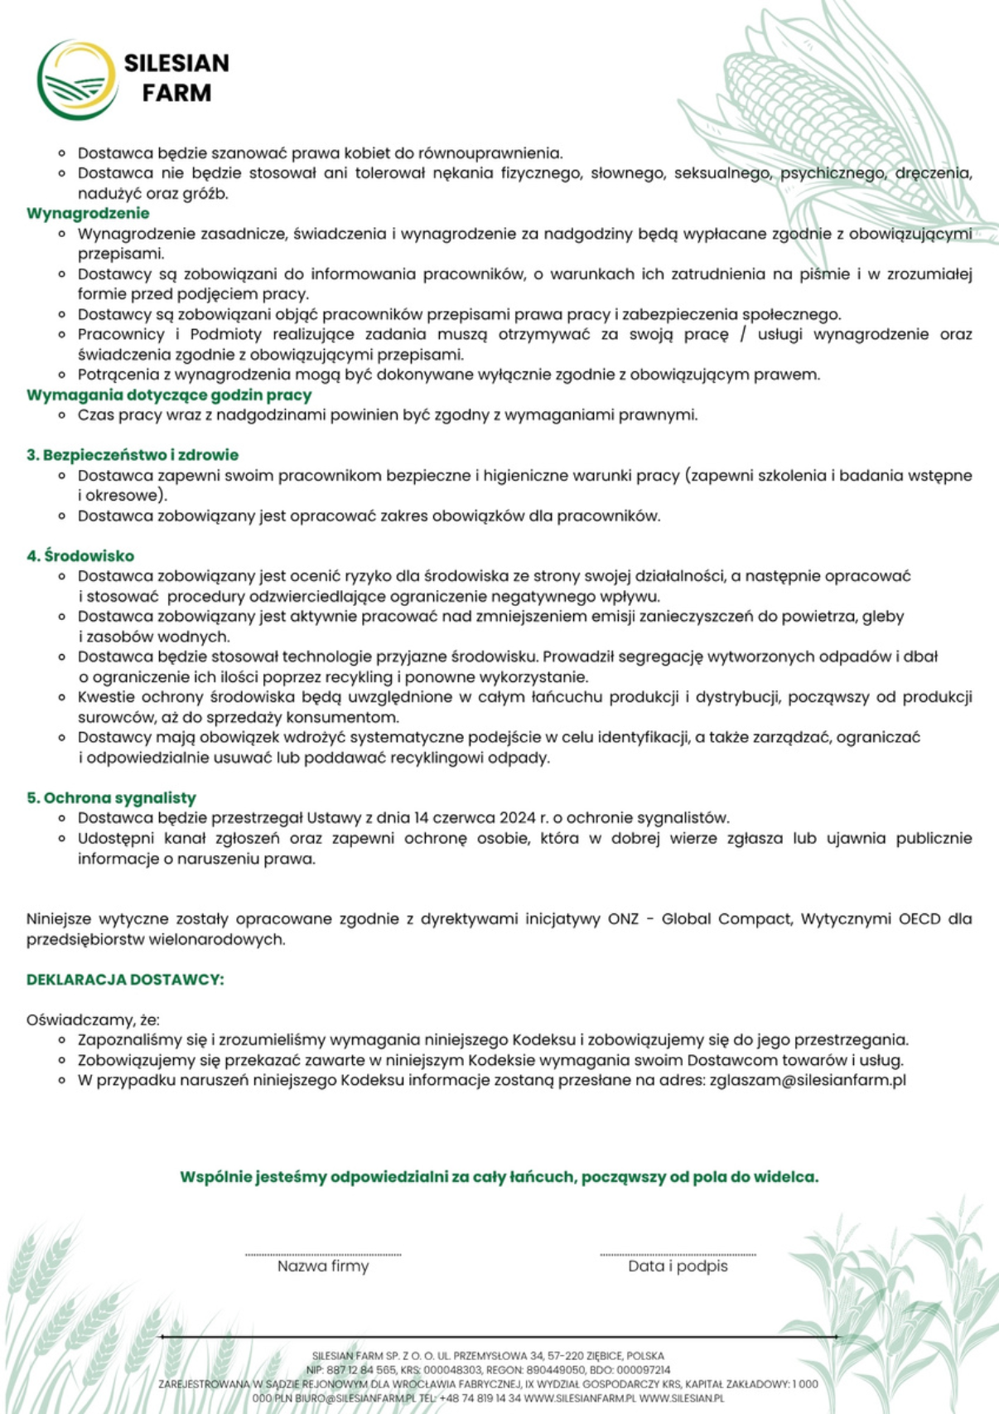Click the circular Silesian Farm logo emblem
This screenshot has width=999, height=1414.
(x=77, y=80)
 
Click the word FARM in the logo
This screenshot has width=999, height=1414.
(x=176, y=93)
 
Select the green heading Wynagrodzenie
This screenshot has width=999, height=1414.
(x=88, y=214)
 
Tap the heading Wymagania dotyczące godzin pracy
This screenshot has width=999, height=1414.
(x=169, y=395)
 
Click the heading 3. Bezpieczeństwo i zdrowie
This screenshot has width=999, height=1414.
(x=133, y=455)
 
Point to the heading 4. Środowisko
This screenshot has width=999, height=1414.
(x=80, y=556)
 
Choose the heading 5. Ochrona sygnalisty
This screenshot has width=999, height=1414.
(x=111, y=798)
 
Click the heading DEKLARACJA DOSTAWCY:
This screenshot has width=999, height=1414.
(x=125, y=980)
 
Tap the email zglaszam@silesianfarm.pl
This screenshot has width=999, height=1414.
(x=808, y=1081)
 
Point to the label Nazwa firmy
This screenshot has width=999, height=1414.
(x=323, y=1266)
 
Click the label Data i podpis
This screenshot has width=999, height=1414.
(x=678, y=1266)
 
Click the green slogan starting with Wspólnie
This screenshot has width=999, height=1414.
(x=499, y=1177)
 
